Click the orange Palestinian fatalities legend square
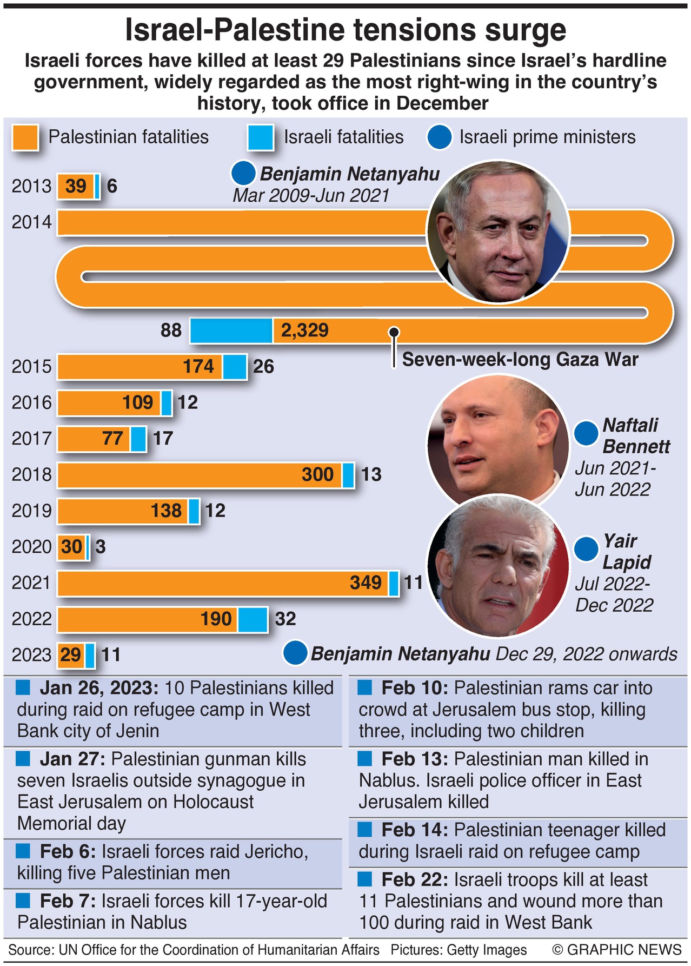[25, 137]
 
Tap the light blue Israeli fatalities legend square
[261, 137]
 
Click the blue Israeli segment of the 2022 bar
[253, 619]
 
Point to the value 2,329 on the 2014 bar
[304, 330]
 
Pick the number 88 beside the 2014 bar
[171, 330]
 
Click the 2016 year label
[31, 402]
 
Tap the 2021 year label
[31, 583]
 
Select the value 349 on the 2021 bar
[366, 583]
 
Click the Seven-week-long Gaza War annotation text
[520, 360]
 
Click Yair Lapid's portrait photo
[497, 565]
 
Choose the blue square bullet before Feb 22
[365, 879]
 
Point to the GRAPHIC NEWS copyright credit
[616, 950]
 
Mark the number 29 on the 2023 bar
[70, 655]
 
